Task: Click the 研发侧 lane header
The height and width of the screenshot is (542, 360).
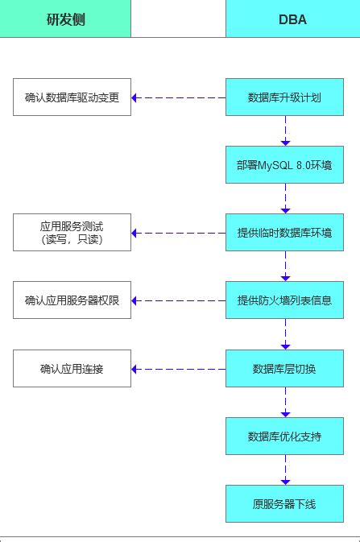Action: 65,19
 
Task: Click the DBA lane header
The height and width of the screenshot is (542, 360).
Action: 292,19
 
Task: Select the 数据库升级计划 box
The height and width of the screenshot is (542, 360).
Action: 285,97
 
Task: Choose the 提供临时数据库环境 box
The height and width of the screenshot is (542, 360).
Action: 285,233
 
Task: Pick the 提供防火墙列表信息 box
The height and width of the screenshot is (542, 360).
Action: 285,300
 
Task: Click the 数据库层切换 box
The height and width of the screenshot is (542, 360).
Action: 285,369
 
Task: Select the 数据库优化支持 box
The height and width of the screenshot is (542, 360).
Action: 285,436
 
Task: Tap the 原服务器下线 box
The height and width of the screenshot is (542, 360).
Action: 285,504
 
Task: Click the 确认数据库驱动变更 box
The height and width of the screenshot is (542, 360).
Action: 72,97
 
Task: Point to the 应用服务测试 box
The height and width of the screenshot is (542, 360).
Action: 72,233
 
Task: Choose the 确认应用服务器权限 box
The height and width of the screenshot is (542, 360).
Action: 72,300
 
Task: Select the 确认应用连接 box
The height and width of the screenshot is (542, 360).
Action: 72,369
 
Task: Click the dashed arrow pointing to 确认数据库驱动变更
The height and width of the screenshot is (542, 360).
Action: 178,97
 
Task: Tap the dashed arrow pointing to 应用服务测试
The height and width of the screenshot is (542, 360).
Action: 178,233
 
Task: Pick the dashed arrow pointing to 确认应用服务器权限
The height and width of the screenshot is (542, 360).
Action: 178,300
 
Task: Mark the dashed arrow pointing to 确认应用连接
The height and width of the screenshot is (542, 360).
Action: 178,369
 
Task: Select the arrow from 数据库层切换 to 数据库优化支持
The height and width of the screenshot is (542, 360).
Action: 285,403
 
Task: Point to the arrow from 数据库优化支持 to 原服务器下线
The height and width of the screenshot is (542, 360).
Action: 285,470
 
